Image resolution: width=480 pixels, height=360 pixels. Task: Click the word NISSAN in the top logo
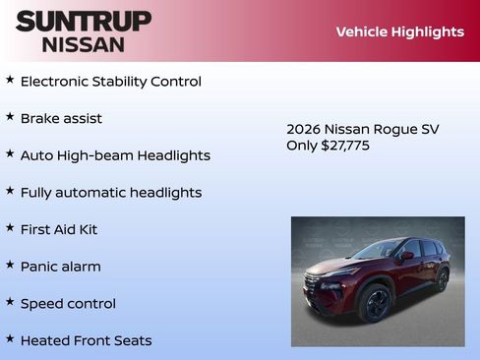coord(83,43)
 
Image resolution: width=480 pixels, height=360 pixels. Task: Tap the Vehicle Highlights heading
coord(399,31)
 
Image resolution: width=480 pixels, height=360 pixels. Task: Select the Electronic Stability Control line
coord(110,82)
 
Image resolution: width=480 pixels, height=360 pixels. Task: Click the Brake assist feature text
coord(61,119)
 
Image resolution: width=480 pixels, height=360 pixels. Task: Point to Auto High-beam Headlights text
coord(115,155)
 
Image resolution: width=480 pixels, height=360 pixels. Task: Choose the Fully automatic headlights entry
coord(110,193)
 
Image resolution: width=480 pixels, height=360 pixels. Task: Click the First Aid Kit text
coord(59,229)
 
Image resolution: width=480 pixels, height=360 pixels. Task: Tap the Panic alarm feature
coord(60,267)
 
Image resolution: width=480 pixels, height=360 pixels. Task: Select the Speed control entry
coord(68,304)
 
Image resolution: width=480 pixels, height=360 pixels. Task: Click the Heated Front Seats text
coord(86,340)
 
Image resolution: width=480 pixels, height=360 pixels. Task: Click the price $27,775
coord(345,146)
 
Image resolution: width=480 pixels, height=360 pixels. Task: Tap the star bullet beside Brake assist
coord(10,116)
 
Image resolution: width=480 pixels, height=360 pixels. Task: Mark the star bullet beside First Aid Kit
coord(10,227)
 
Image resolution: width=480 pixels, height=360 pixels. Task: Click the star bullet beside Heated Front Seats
coord(10,338)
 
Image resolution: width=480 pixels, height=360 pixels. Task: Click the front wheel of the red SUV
coord(375,304)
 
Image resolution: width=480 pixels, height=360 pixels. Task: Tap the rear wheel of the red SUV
coord(442,280)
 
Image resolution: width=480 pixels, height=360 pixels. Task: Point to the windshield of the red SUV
coord(380,251)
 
